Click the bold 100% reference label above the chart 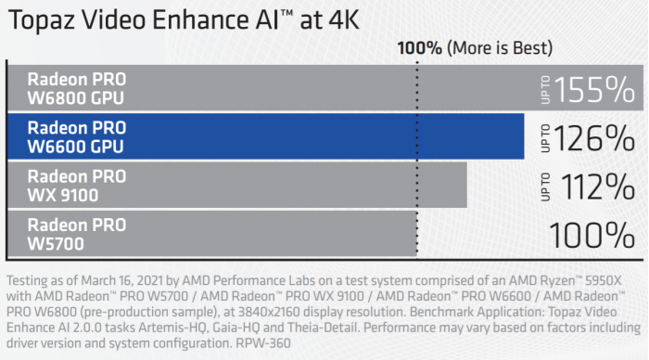pyautogui.click(x=420, y=47)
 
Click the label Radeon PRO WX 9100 pyautogui.click(x=76, y=185)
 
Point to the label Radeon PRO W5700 pyautogui.click(x=76, y=234)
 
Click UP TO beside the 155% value pyautogui.click(x=545, y=89)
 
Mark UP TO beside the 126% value pyautogui.click(x=545, y=138)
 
